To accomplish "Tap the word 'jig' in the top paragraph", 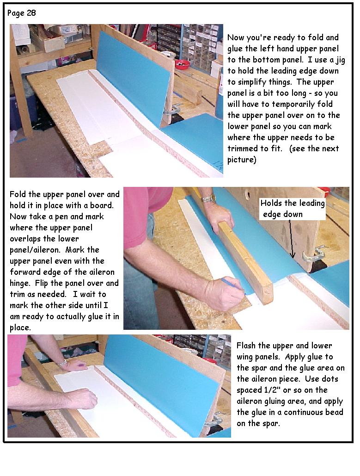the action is [340, 60].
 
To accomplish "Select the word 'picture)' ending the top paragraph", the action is [242, 160].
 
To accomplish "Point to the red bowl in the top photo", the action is [183, 64].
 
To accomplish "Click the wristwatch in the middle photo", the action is [209, 199].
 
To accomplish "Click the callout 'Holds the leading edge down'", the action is [293, 209].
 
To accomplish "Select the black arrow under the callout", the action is [291, 239].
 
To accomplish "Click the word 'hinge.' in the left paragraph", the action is [21, 283].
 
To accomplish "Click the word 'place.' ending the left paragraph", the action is [20, 328].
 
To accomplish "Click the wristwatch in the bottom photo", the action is [62, 363].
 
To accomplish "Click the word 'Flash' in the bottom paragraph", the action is [246, 346].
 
